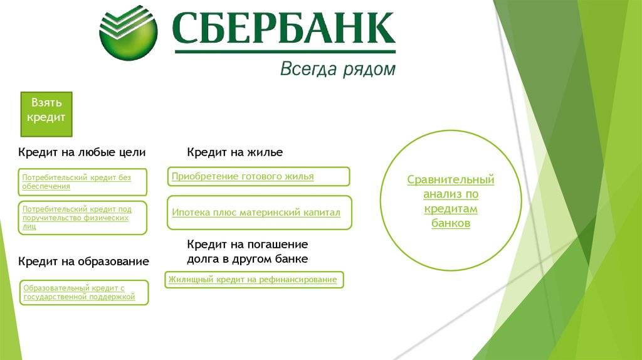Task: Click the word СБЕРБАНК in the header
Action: pos(284,28)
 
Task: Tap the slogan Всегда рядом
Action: pos(338,69)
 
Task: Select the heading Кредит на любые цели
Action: pos(82,152)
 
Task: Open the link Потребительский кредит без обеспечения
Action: pos(76,182)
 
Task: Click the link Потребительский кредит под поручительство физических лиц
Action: pos(77,218)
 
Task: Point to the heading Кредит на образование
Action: pos(83,262)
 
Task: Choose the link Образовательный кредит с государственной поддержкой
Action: pos(79,292)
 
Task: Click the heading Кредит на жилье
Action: pos(235,152)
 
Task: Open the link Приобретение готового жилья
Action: pos(243,176)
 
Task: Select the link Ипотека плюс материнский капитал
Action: pos(256,213)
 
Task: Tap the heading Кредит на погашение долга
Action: pos(247,251)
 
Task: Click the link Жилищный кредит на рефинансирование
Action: pos(253,279)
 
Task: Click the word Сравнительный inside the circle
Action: pos(451,180)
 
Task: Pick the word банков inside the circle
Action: pos(451,223)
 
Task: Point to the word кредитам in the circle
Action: pos(451,209)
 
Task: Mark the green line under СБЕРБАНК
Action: pos(285,52)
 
